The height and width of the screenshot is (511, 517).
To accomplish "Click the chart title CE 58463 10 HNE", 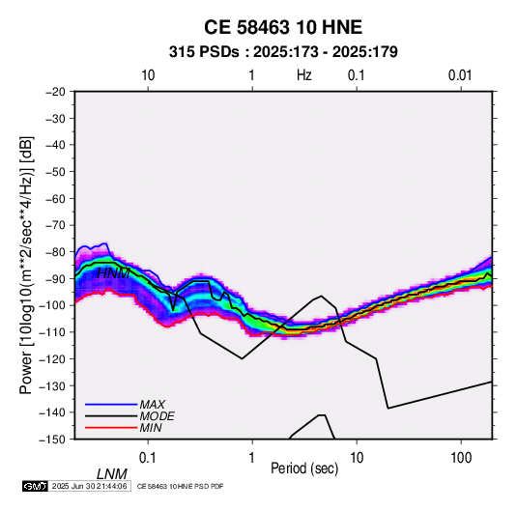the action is [283, 27].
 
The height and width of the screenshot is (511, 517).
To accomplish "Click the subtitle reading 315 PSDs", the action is [204, 52].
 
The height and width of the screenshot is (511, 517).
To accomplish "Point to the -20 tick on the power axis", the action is [55, 92].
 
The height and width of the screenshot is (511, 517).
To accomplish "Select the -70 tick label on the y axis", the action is [55, 225].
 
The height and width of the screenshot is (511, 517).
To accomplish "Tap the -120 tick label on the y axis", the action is [53, 359].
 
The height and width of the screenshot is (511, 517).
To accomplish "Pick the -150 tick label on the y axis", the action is [53, 440].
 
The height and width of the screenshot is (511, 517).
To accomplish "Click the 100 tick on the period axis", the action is [461, 458].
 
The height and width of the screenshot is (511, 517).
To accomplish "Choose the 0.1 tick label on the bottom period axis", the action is [148, 458].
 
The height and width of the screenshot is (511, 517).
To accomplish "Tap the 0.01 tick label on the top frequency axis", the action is [460, 75].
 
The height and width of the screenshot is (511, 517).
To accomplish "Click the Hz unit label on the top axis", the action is [304, 75].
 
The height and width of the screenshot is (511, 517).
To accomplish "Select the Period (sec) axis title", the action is [304, 468].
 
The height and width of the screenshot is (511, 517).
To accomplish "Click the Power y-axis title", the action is [26, 266].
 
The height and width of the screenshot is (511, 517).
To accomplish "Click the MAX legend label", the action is [152, 405].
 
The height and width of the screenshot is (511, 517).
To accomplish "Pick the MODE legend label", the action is [157, 416].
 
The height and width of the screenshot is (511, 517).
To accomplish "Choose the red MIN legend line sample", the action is [111, 428].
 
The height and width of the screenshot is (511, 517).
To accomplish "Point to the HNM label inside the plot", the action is [113, 273].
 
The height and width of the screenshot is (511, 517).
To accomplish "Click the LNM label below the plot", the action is [112, 474].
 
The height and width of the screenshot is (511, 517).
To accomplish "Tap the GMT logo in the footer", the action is [36, 486].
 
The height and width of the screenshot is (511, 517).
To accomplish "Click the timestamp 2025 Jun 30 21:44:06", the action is [89, 486].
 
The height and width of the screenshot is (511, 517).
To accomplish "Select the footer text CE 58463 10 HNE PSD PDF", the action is [180, 486].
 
